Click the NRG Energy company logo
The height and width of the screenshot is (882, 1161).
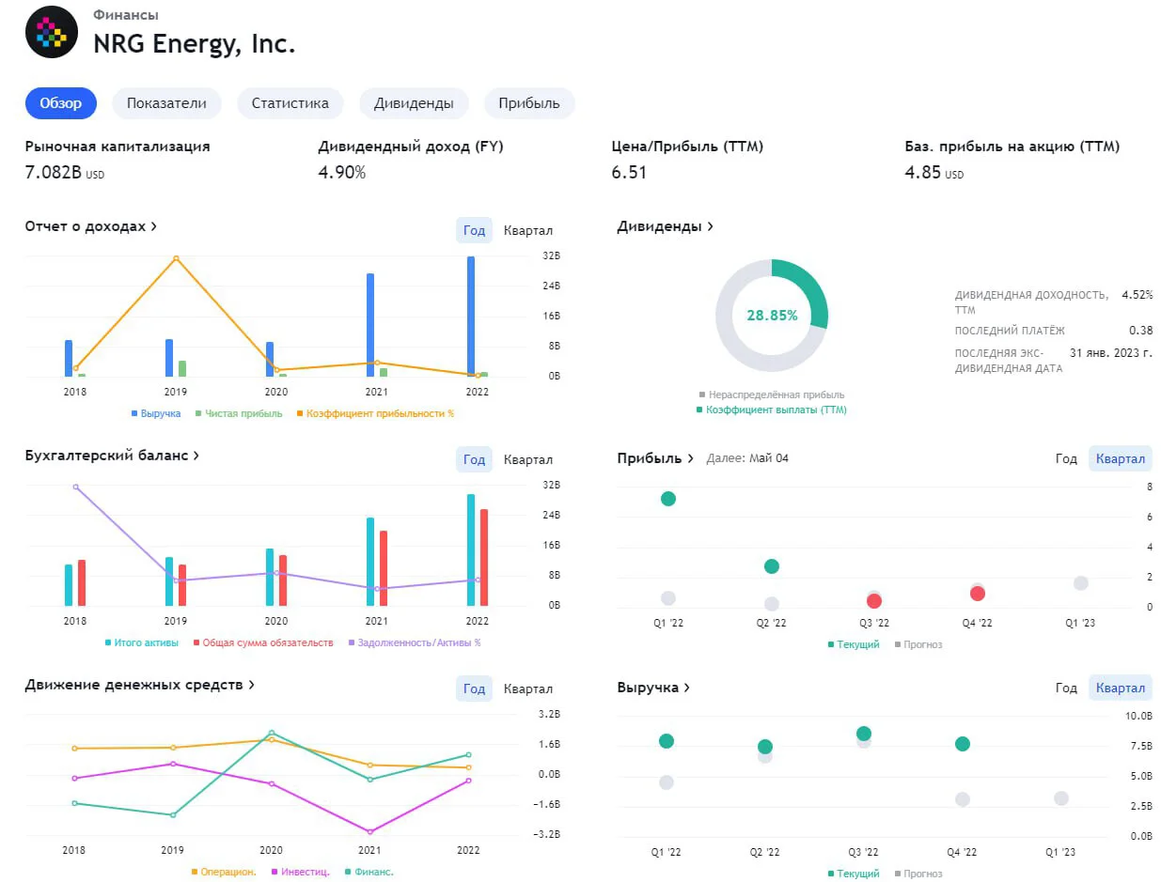[52, 32]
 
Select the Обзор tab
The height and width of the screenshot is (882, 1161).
[61, 103]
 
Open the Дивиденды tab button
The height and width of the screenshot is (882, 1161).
[413, 103]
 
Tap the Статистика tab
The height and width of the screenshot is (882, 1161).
[290, 103]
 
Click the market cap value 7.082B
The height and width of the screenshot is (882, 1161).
[54, 172]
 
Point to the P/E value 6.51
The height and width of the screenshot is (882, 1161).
[628, 172]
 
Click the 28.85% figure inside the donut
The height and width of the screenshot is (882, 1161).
[771, 316]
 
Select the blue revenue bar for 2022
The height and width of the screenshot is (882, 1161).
[470, 316]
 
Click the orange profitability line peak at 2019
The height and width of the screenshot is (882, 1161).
[176, 258]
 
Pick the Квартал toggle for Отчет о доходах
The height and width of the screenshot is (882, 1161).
[527, 230]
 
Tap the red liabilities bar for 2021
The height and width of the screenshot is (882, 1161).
[383, 568]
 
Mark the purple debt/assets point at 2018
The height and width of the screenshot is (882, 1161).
[75, 487]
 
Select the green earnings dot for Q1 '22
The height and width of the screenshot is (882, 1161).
[667, 499]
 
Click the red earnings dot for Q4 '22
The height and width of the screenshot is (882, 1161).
[977, 594]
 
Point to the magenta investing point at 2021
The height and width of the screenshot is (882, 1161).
[369, 831]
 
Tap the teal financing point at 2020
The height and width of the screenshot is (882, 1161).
[272, 733]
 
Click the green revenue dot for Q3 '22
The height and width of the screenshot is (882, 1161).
[863, 733]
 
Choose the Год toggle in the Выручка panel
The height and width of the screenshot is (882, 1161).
[1065, 688]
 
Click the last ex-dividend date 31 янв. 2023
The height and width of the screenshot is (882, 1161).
[1110, 352]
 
